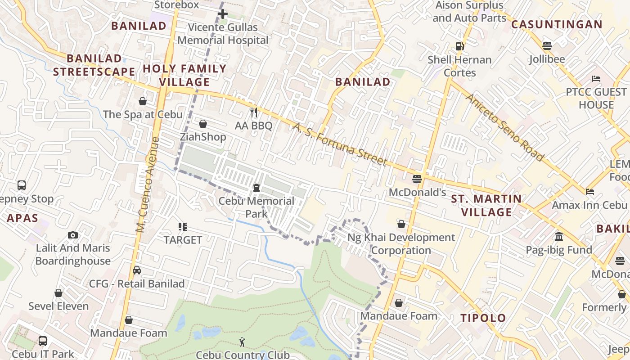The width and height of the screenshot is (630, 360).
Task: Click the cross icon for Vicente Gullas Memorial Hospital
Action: click(x=222, y=14)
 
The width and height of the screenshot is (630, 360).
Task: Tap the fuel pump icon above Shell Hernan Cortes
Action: click(x=459, y=46)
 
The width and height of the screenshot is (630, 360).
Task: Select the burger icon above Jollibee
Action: click(x=547, y=45)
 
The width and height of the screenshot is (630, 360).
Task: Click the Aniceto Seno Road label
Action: click(x=504, y=127)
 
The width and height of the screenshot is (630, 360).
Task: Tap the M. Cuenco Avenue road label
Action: click(x=148, y=184)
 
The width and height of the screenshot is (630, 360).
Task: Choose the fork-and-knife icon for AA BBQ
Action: click(x=254, y=112)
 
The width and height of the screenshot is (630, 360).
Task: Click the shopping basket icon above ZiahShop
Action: click(x=203, y=123)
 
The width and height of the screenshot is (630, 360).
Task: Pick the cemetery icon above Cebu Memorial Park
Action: click(x=256, y=187)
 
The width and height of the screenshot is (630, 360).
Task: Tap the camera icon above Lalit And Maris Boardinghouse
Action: click(x=72, y=235)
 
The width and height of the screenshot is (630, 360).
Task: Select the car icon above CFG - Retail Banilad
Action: click(x=137, y=270)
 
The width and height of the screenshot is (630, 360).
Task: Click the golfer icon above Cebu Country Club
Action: click(x=243, y=342)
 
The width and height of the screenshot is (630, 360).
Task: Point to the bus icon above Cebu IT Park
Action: click(x=43, y=341)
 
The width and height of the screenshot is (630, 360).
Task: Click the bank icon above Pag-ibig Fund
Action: click(x=559, y=236)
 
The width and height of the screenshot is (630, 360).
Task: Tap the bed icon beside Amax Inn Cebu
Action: click(x=590, y=192)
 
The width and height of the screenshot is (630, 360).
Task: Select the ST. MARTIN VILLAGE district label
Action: click(x=486, y=205)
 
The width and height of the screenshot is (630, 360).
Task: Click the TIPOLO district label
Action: click(x=483, y=318)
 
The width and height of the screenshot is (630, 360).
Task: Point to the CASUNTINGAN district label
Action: click(x=557, y=24)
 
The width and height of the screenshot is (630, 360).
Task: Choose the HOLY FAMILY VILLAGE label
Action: click(x=184, y=75)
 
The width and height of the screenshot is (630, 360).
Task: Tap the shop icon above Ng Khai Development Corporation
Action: click(x=401, y=224)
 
